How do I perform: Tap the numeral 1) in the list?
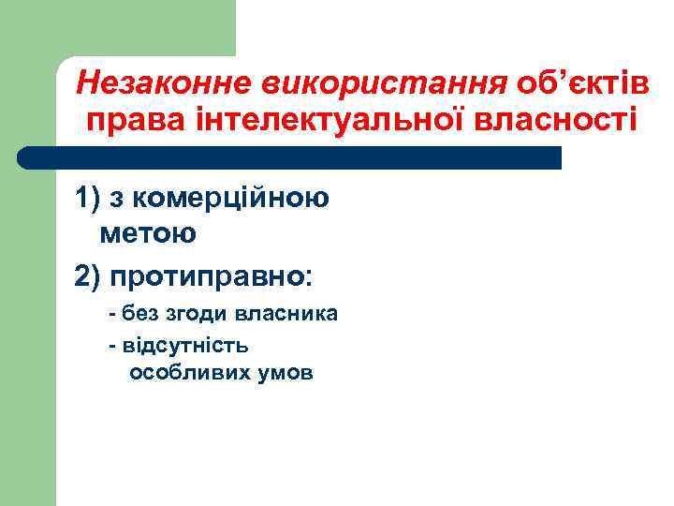click(91, 199)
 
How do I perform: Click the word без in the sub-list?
click(139, 314)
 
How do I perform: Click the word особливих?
click(183, 374)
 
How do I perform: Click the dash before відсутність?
click(112, 345)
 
